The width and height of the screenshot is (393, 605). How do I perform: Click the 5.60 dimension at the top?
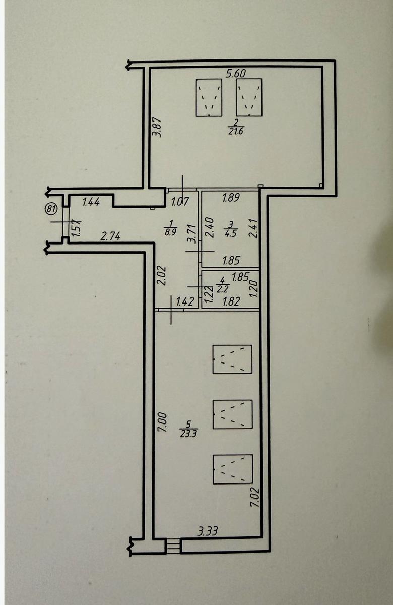236,73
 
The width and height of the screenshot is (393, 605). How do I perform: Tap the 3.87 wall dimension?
157,127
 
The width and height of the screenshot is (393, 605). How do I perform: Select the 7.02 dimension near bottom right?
255,497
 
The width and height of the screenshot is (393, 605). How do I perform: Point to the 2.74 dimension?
110,236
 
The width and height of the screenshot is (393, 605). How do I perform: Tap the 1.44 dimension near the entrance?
91,202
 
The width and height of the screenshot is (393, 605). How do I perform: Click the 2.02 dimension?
162,276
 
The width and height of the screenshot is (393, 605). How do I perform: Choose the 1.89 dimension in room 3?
231,198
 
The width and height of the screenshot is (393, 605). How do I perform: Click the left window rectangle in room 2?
209,97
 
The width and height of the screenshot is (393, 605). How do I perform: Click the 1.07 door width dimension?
180,202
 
